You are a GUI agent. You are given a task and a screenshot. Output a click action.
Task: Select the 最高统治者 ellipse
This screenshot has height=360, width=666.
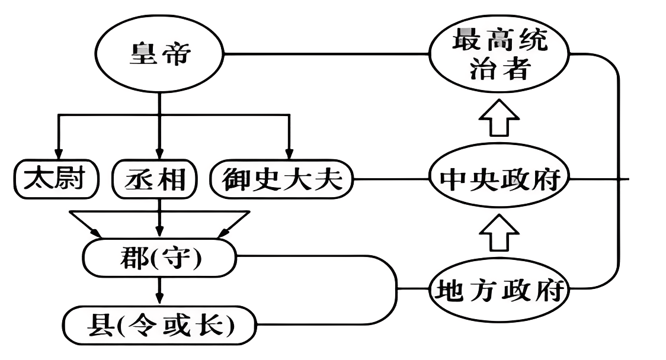[x=499, y=54]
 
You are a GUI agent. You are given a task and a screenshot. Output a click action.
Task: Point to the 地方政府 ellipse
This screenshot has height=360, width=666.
[x=499, y=290]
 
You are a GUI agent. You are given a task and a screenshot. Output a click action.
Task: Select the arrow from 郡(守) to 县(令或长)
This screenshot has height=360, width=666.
[x=159, y=290]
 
